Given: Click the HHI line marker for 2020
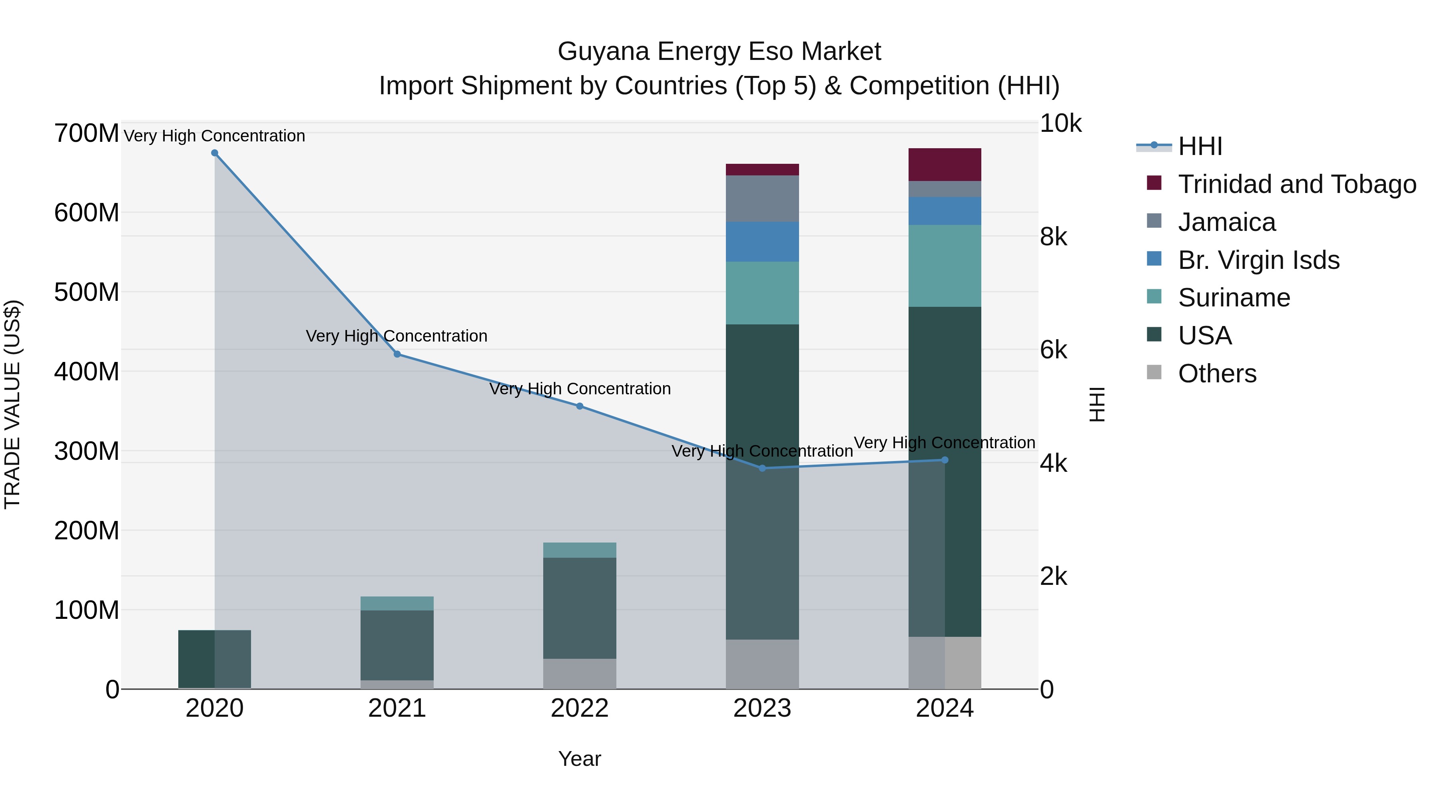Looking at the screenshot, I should (x=215, y=153).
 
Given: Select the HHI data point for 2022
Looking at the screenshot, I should (x=579, y=406).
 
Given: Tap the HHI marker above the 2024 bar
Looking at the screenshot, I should (x=945, y=460).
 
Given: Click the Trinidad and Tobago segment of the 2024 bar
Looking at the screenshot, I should (x=945, y=165).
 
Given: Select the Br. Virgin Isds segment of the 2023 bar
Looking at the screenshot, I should (x=762, y=241).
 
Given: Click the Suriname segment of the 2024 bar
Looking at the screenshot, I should (x=945, y=266).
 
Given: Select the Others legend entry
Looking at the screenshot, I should (x=1217, y=374).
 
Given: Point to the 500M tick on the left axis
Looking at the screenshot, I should (x=87, y=292).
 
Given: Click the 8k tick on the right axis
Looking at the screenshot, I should (x=1053, y=237).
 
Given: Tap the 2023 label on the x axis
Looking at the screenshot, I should (x=762, y=708).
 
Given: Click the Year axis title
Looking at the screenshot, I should (x=579, y=759).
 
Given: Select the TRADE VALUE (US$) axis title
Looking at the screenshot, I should (x=12, y=404).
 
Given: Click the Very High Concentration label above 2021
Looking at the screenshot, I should (x=397, y=336).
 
